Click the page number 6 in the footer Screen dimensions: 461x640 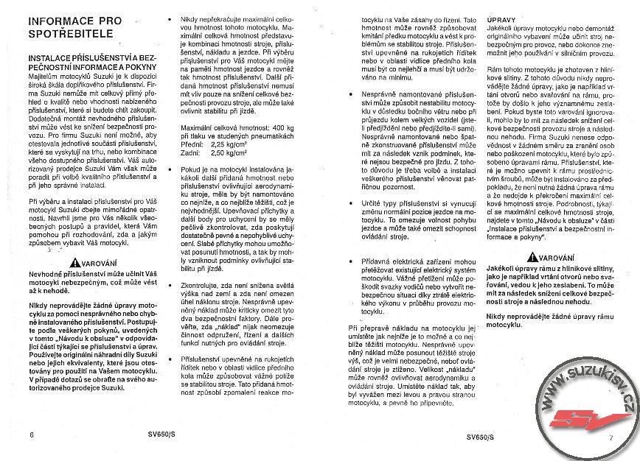point(32,435)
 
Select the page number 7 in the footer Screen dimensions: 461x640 point(611,437)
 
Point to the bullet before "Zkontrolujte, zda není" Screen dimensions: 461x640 point(171,283)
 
